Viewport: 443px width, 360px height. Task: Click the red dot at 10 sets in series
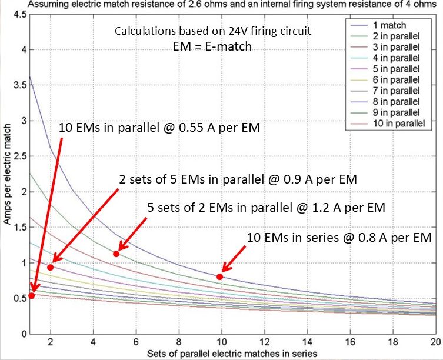(x=220, y=276)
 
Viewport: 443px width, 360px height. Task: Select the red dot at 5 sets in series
(x=116, y=254)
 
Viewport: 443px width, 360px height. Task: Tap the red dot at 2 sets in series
(x=51, y=267)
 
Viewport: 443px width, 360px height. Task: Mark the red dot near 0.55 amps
(x=32, y=295)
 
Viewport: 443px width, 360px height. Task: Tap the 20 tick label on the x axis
(x=434, y=341)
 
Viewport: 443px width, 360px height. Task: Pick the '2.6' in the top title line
(x=168, y=4)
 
